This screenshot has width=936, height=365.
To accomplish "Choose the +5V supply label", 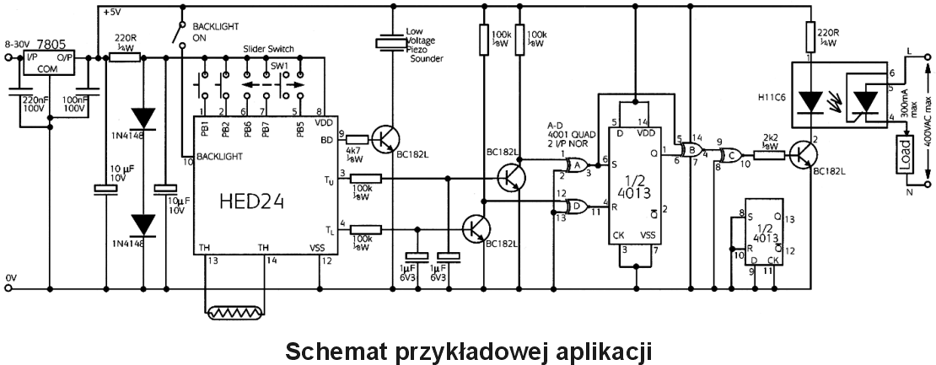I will [111, 13].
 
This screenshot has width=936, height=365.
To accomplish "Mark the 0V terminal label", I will [10, 276].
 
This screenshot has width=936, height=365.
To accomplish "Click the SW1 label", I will [279, 65].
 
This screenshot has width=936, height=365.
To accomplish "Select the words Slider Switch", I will [269, 51].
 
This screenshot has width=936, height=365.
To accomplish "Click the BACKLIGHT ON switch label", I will [211, 32].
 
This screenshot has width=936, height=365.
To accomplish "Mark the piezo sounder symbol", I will [390, 43].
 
